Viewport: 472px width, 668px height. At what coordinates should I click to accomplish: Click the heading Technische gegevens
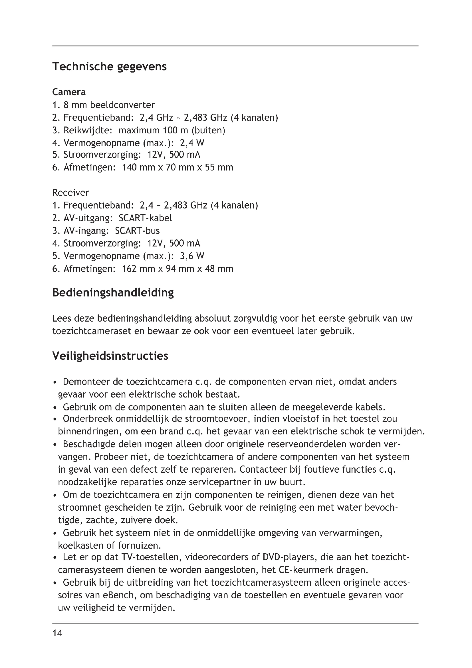109,67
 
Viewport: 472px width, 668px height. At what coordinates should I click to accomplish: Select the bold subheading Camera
69,92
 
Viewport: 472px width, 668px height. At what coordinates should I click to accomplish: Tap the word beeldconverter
122,105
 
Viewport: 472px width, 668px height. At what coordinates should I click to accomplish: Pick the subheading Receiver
70,192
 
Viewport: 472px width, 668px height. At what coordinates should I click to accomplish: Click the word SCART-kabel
145,218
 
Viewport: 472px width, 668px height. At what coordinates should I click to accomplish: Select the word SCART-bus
137,231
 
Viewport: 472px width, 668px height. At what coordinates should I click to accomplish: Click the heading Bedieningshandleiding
113,292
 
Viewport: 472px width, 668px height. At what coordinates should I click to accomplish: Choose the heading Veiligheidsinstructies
110,356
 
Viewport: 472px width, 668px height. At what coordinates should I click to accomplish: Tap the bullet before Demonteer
55,382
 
